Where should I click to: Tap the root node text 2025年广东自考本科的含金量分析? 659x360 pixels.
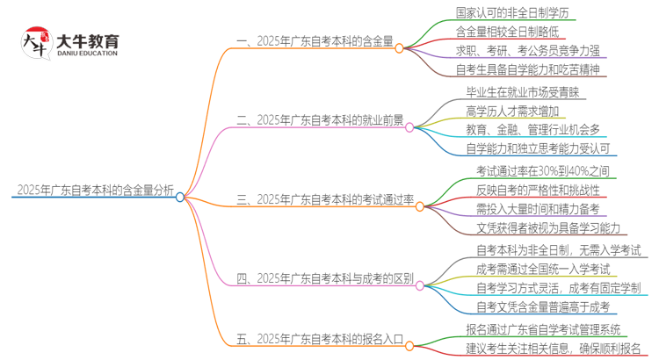coord(94,190)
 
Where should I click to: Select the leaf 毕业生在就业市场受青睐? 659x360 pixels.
coord(521,90)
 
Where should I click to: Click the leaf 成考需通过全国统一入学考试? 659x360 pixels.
coord(542,269)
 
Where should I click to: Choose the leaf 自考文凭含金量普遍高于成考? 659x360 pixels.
coord(542,307)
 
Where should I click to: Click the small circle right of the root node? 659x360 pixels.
coord(180,198)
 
